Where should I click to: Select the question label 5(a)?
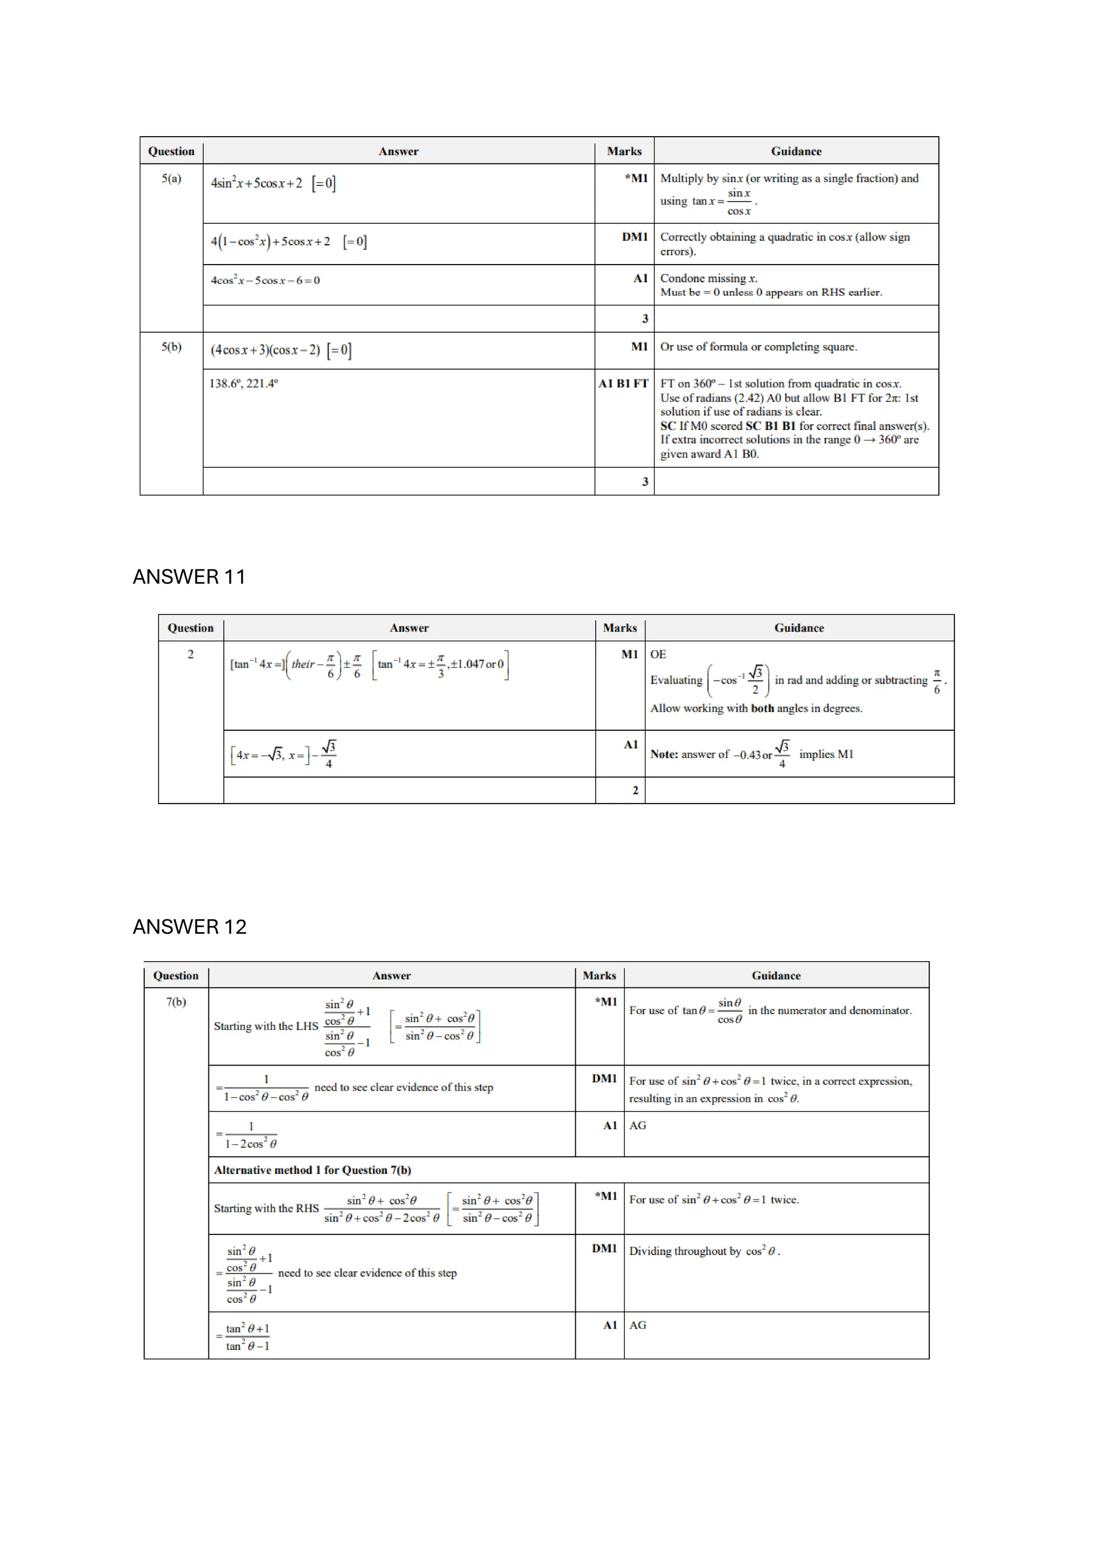coord(171,178)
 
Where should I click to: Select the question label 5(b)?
coord(171,347)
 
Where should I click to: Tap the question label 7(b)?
coord(176,1002)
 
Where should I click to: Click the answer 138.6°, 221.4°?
coord(243,383)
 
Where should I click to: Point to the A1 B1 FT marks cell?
coord(622,383)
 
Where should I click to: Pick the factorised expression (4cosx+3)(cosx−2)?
coord(265,350)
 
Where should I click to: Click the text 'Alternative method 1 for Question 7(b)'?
coord(312,1170)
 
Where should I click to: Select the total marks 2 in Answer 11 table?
coord(635,790)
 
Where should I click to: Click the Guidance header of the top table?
coord(795,152)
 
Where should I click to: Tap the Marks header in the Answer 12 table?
coord(599,976)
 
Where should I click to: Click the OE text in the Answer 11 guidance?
coord(658,654)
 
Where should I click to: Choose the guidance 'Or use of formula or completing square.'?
coord(758,347)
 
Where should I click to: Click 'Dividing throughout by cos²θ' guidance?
coord(704,1251)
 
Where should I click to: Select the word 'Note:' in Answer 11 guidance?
coord(664,754)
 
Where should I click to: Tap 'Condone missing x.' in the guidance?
coord(708,278)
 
